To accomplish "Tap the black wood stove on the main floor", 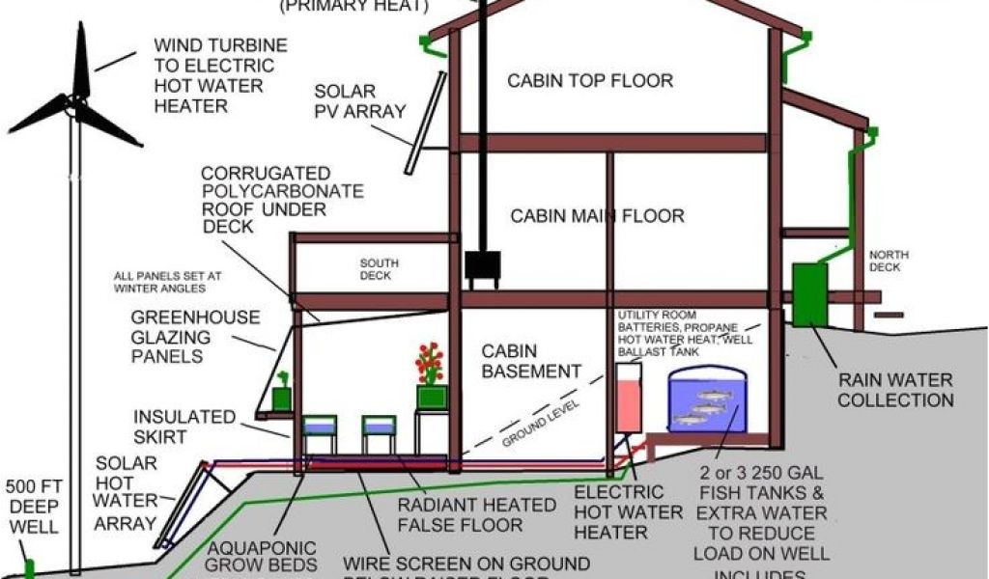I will coord(483,269).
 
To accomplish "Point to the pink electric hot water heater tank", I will coord(628,396).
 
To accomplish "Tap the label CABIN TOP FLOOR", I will coord(590,80).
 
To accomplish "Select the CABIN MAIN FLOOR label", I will coord(597,215).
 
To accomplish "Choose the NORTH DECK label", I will coord(889,262).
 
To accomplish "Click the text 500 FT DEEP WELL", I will coord(33,507).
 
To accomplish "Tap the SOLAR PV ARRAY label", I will coord(359,101).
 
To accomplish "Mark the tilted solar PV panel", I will coord(425,123).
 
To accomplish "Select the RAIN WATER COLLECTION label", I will coord(895,390).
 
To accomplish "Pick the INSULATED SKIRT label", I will coord(184,427).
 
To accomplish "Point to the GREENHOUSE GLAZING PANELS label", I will coord(195,337).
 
